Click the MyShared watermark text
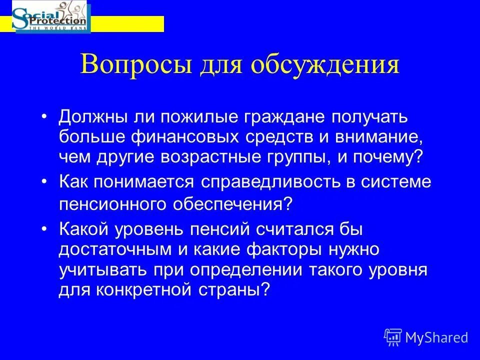436,337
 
